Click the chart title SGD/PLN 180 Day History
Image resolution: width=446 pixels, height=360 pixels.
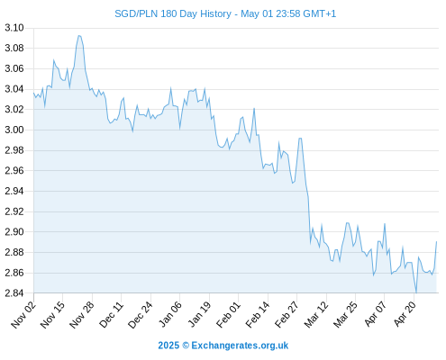(173, 13)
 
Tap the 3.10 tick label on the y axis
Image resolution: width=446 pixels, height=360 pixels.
(14, 28)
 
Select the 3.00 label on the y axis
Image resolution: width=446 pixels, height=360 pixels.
(14, 130)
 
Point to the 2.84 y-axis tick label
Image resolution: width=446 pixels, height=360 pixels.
(14, 292)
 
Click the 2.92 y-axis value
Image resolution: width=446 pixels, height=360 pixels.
(14, 211)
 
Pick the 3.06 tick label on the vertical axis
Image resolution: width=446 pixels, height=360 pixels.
(14, 68)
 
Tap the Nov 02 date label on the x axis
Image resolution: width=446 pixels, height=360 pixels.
(23, 315)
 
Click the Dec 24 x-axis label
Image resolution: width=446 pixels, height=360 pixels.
(141, 315)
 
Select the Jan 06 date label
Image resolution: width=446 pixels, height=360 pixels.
(170, 315)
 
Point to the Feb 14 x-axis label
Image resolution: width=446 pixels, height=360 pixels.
(258, 315)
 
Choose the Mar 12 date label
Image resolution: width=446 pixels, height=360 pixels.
(316, 315)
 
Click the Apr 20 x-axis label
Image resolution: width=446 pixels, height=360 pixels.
(405, 315)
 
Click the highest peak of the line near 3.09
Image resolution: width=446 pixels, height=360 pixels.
(79, 36)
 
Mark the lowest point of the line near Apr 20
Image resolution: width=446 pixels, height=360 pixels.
(416, 292)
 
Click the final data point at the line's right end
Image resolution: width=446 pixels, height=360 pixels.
(436, 241)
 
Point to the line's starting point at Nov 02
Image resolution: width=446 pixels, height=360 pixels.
(33, 93)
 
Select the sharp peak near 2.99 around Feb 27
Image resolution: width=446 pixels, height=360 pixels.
(300, 139)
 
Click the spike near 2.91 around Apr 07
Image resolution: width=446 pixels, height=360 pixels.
(385, 224)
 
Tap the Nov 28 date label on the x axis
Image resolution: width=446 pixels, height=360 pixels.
(82, 315)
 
